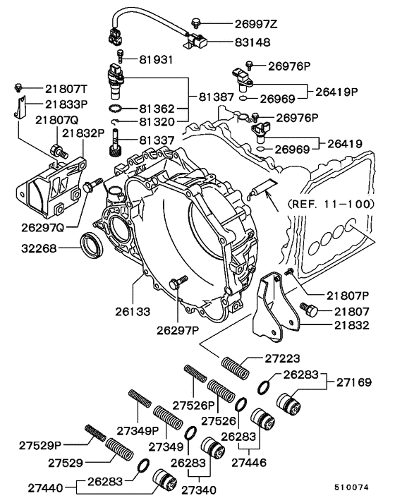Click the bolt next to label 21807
[x=309, y=308]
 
